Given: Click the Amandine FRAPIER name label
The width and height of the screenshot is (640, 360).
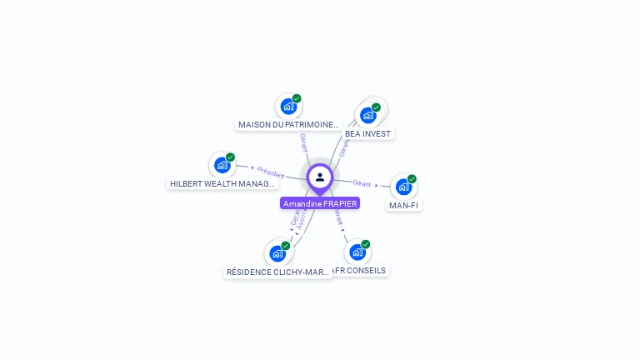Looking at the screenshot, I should pyautogui.click(x=320, y=203).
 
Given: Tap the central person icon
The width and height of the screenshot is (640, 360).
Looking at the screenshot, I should pyautogui.click(x=320, y=177).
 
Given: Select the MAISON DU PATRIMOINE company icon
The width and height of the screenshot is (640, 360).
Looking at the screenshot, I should pyautogui.click(x=288, y=107).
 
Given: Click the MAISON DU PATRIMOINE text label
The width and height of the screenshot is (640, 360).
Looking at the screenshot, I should pyautogui.click(x=289, y=125).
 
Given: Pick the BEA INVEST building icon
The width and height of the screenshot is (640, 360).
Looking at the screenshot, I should pyautogui.click(x=367, y=115).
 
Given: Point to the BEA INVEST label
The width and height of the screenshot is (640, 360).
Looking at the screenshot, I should pyautogui.click(x=367, y=133).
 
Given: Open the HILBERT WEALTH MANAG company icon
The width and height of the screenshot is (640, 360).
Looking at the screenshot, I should pyautogui.click(x=222, y=165).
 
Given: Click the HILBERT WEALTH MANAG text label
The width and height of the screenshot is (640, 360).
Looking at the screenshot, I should pyautogui.click(x=222, y=183).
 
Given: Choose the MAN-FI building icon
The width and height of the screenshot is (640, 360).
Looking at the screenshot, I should pyautogui.click(x=403, y=187).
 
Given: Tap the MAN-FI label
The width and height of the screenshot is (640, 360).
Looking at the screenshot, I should pyautogui.click(x=403, y=205).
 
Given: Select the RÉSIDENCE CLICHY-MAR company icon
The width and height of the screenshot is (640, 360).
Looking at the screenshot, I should pyautogui.click(x=277, y=253).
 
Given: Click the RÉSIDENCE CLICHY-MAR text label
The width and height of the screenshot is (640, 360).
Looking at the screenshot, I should pyautogui.click(x=278, y=272).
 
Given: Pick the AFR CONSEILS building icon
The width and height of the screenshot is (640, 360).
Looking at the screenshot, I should pyautogui.click(x=357, y=252).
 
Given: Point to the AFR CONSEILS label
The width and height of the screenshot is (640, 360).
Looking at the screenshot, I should pyautogui.click(x=359, y=270).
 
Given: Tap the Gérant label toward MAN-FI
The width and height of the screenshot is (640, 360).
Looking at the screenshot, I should pyautogui.click(x=362, y=182).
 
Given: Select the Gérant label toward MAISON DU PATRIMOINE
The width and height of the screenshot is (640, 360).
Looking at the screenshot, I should pyautogui.click(x=303, y=142).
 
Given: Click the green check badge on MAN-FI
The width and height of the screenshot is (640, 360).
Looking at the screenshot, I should pyautogui.click(x=412, y=179).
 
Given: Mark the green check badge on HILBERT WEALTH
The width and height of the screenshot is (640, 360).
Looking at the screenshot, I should pyautogui.click(x=230, y=157).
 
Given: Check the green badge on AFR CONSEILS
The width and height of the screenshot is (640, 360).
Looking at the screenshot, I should pyautogui.click(x=365, y=244).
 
